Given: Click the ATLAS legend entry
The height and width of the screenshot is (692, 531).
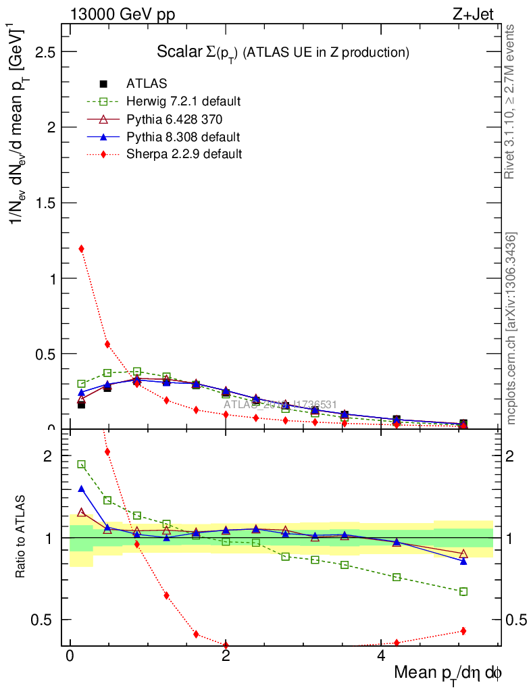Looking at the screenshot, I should point(147,84).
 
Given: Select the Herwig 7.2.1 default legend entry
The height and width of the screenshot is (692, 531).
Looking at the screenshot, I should point(183,101).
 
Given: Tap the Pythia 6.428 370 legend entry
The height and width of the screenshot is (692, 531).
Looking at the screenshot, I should point(175,120).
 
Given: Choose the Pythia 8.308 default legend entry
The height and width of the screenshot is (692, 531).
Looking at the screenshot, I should point(183,137).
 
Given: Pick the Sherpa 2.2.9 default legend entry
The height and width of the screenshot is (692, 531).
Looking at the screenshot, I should point(184,154).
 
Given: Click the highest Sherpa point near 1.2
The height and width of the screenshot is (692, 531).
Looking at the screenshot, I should point(81,249).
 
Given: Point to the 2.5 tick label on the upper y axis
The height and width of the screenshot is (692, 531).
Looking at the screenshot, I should point(45,52).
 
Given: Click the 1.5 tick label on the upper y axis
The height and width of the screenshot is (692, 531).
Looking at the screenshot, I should point(45,203).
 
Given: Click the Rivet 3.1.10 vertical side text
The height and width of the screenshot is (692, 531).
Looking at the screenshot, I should point(511,101).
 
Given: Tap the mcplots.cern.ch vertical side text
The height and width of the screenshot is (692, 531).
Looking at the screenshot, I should point(511,328).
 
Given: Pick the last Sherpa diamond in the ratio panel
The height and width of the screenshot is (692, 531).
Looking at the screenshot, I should point(463,631).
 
